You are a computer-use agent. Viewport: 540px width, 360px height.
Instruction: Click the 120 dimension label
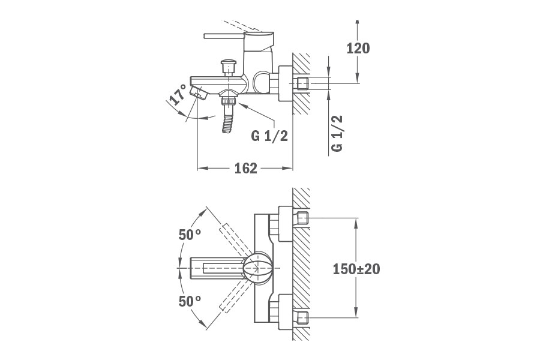358,49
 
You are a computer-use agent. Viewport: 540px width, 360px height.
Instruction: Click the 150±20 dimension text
356,269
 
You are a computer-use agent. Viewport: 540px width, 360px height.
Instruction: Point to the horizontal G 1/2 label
269,136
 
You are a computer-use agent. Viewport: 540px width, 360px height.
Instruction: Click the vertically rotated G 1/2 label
337,134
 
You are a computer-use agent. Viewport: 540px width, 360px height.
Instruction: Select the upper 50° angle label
190,235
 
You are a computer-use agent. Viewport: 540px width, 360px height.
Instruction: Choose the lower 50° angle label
190,301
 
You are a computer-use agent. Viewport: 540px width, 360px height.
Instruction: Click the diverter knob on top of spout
228,65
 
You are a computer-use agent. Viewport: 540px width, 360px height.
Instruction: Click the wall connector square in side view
302,83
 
